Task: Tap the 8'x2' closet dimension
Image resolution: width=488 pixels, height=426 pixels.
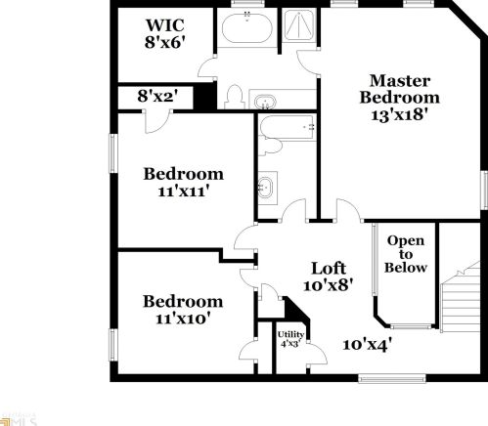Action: point(155,97)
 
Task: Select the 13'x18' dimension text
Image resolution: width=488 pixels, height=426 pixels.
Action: point(401,113)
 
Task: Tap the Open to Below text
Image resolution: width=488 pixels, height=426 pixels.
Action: point(405,254)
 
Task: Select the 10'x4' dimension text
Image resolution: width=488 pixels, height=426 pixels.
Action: point(366,343)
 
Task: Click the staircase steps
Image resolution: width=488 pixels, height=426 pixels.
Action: point(460,313)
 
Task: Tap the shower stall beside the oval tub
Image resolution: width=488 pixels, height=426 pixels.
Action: point(297,32)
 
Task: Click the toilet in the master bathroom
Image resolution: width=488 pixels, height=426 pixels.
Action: point(234,96)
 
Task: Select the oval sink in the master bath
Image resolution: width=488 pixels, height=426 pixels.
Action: point(265,101)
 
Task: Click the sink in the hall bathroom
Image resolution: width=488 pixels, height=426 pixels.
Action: point(266,185)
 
